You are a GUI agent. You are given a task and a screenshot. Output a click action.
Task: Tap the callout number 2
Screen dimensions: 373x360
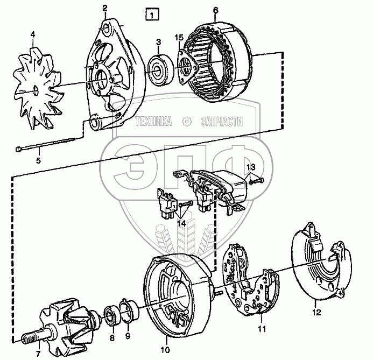(x=104, y=8)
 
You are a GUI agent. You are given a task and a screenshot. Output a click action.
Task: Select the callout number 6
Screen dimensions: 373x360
(x=215, y=10)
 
